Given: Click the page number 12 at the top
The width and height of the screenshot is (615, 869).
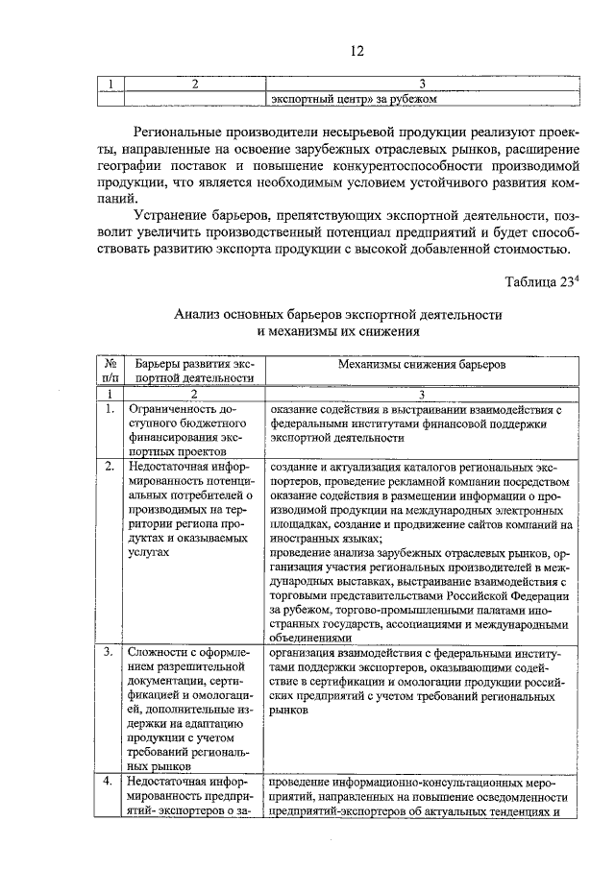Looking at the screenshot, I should tap(357, 51).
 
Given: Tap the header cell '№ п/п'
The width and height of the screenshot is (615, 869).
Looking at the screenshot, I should tap(111, 372).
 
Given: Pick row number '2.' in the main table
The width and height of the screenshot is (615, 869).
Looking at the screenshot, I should tap(110, 466).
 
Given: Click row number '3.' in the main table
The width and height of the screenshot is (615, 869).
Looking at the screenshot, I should tap(110, 653).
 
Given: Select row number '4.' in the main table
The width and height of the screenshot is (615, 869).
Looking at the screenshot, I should tap(110, 782).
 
